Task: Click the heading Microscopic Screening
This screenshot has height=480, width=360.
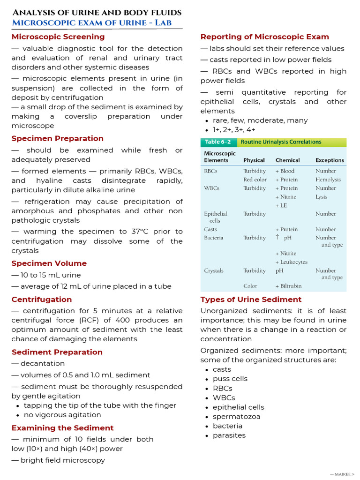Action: pos(58,37)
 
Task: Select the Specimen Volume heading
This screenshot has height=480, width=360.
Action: pos(49,263)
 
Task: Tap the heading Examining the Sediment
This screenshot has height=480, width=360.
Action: pos(62,428)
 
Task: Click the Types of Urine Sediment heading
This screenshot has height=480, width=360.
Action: pos(251,300)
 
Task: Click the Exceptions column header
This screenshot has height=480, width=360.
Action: pos(330,160)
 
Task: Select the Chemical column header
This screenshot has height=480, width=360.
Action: pos(288,160)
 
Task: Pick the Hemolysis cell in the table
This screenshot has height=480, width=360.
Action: pos(328,180)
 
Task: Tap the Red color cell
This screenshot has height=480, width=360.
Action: pos(255,180)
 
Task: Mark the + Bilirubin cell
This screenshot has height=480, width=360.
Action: pos(288,285)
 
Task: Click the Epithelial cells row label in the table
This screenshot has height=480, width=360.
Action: pos(215,217)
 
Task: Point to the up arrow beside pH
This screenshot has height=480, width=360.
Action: pos(277,238)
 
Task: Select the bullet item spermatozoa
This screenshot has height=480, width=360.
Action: pos(236,417)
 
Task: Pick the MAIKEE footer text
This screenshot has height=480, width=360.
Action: pos(342,474)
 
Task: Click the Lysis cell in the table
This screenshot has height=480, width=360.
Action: pos(321,197)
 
